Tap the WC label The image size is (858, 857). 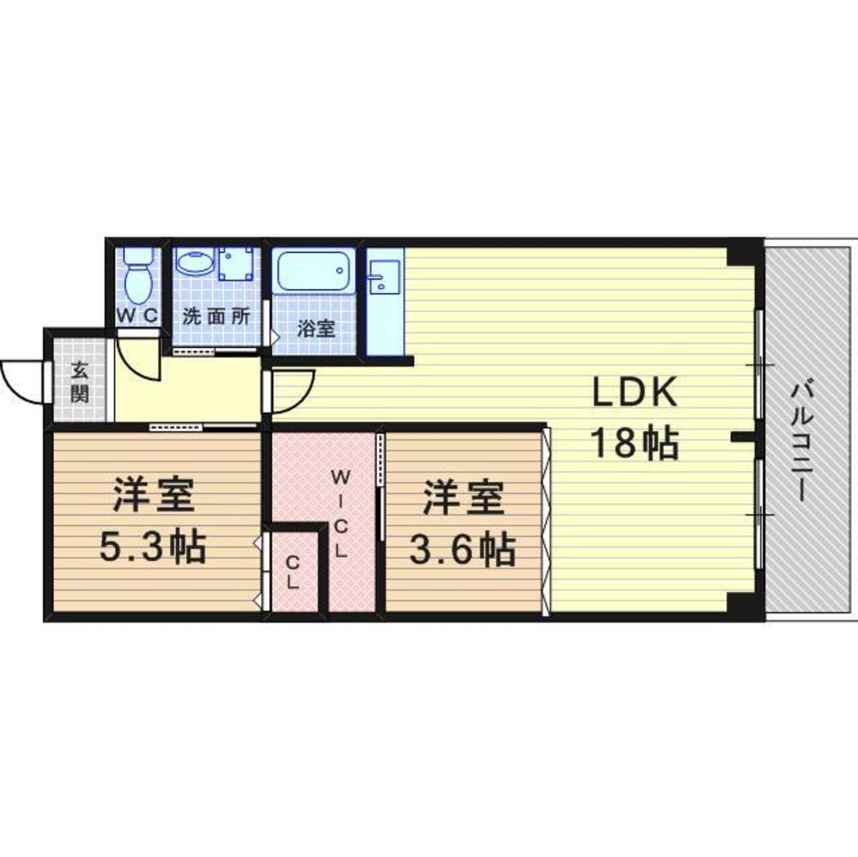pyautogui.click(x=137, y=316)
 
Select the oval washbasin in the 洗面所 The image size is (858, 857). pyautogui.click(x=194, y=263)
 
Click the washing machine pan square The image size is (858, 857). pyautogui.click(x=236, y=263)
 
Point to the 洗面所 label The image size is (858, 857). pyautogui.click(x=216, y=317)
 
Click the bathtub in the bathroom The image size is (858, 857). pyautogui.click(x=313, y=271)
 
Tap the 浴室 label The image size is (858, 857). pyautogui.click(x=316, y=329)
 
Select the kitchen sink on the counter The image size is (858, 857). pyautogui.click(x=384, y=277)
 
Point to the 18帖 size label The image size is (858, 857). pyautogui.click(x=635, y=443)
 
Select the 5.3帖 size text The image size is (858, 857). pyautogui.click(x=153, y=546)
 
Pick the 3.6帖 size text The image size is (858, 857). pyautogui.click(x=462, y=549)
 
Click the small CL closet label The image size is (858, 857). pyautogui.click(x=293, y=572)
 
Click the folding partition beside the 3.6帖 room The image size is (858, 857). pyautogui.click(x=546, y=522)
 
